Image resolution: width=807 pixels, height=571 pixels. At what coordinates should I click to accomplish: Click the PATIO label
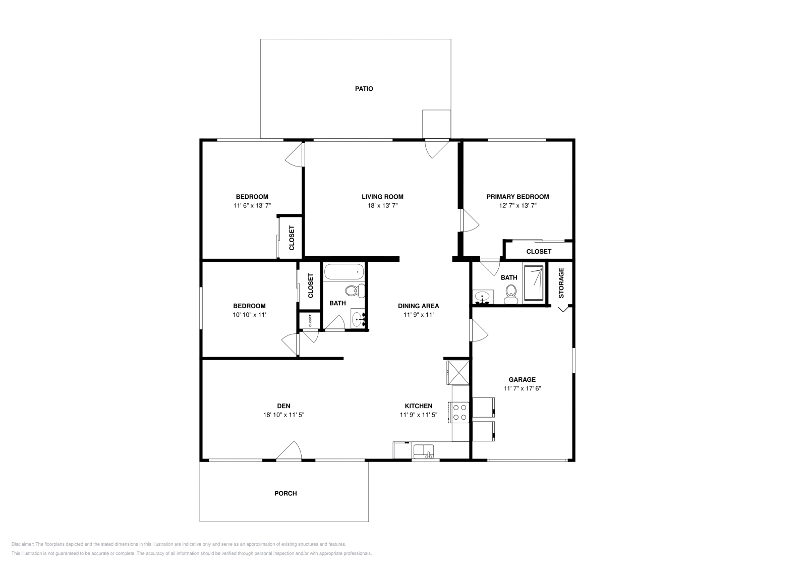click(x=364, y=89)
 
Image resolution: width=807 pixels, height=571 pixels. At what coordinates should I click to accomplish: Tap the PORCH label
click(x=285, y=493)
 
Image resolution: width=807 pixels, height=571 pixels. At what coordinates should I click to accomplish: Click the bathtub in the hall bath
click(x=343, y=273)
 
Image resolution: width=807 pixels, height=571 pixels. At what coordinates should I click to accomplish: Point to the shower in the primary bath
click(x=534, y=282)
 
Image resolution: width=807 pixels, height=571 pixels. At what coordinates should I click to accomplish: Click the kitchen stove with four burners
click(x=459, y=412)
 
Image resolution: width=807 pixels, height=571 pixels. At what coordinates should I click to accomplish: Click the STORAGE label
click(x=561, y=282)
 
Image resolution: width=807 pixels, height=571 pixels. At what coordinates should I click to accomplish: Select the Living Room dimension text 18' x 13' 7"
click(x=382, y=206)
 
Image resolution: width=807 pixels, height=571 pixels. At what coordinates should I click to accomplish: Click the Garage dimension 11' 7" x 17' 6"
click(x=522, y=388)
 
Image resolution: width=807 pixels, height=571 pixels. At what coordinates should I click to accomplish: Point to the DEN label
click(x=283, y=406)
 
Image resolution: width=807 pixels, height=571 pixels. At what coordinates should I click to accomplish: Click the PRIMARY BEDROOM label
click(x=517, y=197)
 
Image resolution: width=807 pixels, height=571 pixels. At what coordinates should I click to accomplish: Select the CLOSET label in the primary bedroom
click(x=539, y=251)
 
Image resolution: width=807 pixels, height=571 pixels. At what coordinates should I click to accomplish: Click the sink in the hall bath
click(x=359, y=319)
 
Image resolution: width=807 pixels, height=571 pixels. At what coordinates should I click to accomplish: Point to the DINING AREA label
click(x=418, y=306)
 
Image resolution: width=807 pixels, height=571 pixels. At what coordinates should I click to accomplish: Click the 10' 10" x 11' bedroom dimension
click(x=249, y=315)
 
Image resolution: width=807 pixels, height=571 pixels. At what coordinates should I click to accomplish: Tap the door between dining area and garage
click(x=478, y=331)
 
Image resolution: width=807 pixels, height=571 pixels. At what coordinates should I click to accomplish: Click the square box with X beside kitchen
click(x=458, y=373)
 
